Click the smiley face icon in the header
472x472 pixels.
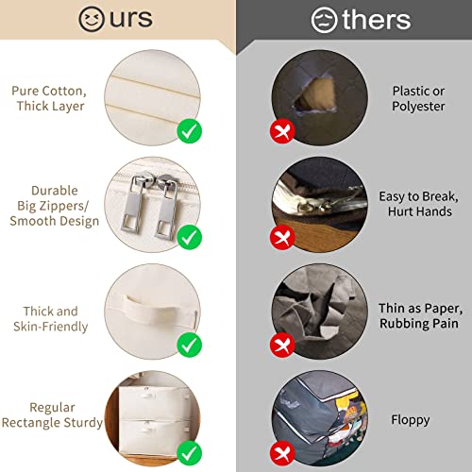click(x=92, y=20)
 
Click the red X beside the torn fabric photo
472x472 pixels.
click(x=281, y=132)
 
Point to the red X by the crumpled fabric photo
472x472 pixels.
click(x=281, y=343)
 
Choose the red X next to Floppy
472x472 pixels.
click(x=281, y=449)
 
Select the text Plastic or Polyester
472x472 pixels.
click(x=418, y=99)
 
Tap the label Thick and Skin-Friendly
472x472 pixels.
click(x=51, y=319)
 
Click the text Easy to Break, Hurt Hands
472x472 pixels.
click(x=419, y=204)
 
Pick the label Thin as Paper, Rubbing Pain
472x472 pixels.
click(x=419, y=317)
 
